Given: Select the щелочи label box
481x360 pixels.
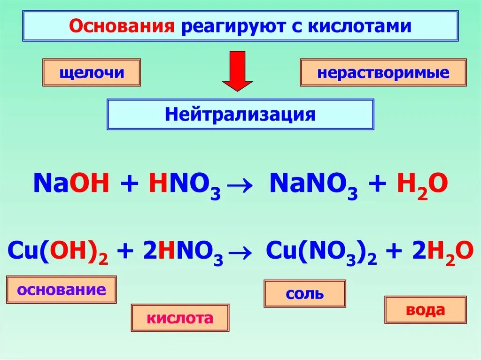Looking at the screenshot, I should tap(92, 72).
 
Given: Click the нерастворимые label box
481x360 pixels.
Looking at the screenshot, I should tap(383, 72).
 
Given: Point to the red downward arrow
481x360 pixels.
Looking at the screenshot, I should tap(237, 70).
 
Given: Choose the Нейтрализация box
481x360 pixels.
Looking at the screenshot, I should tap(240, 114).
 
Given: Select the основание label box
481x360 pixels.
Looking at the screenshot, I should tap(61, 289).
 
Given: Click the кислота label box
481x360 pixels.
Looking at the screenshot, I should tap(180, 318).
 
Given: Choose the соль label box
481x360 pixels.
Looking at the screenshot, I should tap(304, 294).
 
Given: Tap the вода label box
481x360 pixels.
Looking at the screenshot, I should tap(426, 310).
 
